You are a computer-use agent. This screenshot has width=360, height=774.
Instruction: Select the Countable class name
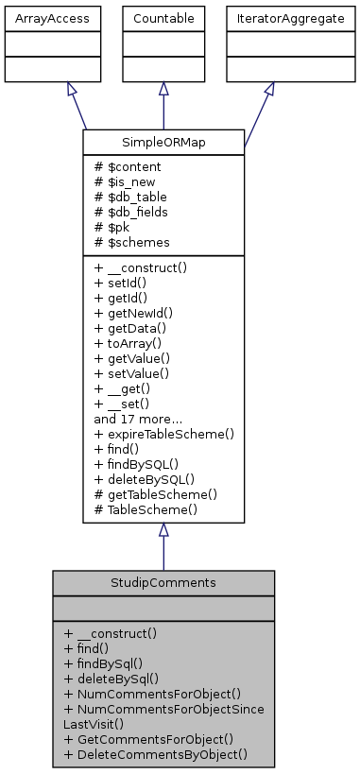163,18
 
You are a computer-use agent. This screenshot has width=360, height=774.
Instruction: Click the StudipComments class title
163,582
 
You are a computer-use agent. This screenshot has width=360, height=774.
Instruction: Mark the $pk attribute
113,227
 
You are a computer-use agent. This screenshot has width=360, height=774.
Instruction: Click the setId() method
123,283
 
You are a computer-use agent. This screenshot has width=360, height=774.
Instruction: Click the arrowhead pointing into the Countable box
163,89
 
